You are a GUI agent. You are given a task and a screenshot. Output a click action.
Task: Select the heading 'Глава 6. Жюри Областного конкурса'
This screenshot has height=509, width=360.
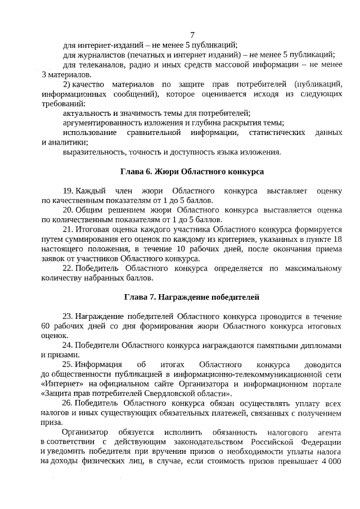(x=192, y=171)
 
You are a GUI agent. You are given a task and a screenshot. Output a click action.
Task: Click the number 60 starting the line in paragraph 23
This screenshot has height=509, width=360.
(x=46, y=326)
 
